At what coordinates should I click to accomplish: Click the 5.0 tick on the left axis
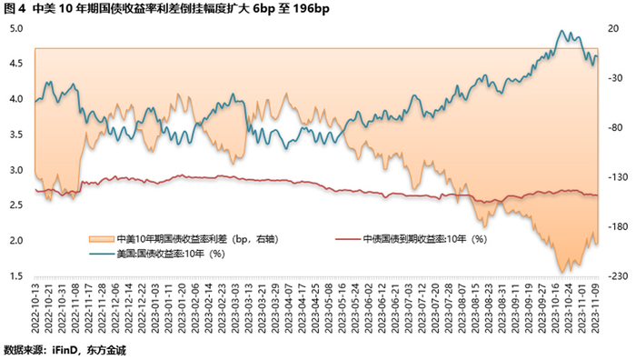tap(16, 28)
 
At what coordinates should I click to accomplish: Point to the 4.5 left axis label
tap(16, 64)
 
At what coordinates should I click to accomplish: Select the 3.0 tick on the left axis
tap(16, 170)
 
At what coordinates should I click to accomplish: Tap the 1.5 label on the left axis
tap(16, 275)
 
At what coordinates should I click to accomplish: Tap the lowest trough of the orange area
tap(563, 271)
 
